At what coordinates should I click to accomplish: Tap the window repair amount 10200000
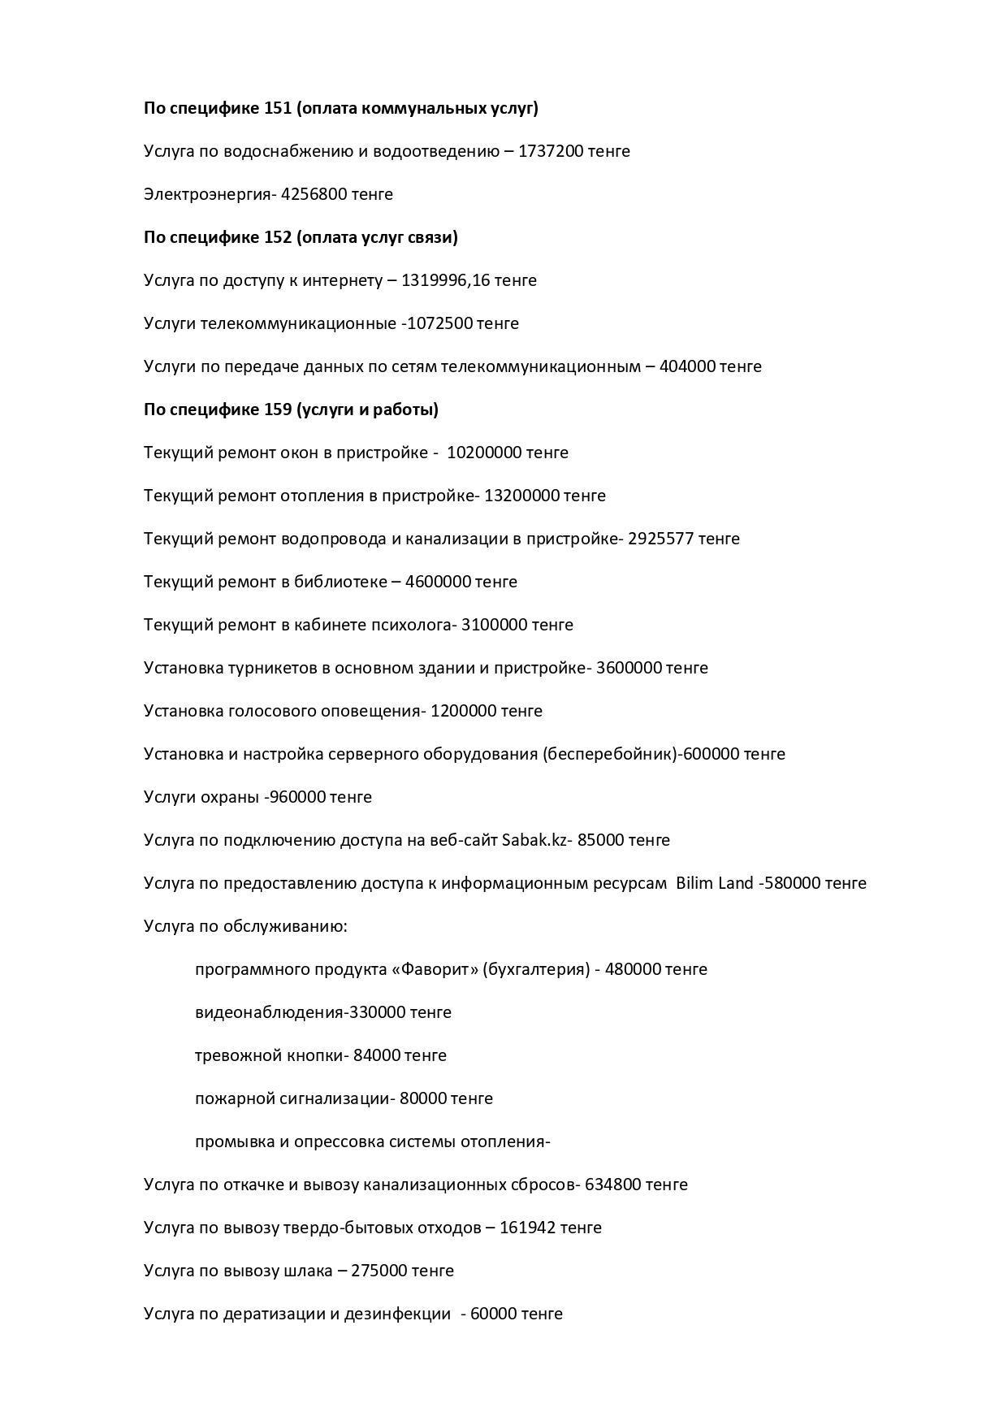484,453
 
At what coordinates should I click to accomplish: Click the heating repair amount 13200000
521,496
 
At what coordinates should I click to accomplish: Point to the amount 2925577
661,539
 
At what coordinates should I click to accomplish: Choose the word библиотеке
341,582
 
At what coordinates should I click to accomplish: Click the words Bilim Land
715,883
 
